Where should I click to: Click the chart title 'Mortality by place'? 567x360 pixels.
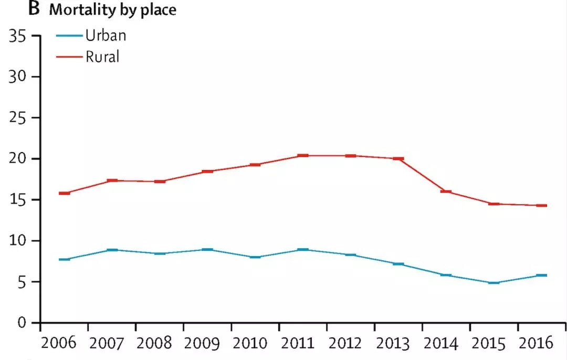pos(112,10)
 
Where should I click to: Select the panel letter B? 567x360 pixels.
pos(35,9)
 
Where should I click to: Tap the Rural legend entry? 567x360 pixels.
pos(102,56)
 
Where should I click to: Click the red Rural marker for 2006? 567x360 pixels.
pos(64,193)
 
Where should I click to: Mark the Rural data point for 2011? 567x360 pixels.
pos(302,155)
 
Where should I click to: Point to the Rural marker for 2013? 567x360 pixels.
pos(398,158)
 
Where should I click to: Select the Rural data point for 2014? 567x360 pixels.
pos(446,192)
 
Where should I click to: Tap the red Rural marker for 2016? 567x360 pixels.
pos(541,205)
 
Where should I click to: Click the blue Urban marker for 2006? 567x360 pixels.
pos(64,259)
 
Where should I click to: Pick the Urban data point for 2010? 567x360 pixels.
pos(255,257)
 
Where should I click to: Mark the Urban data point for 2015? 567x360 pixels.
pos(493,282)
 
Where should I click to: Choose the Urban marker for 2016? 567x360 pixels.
pos(541,275)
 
